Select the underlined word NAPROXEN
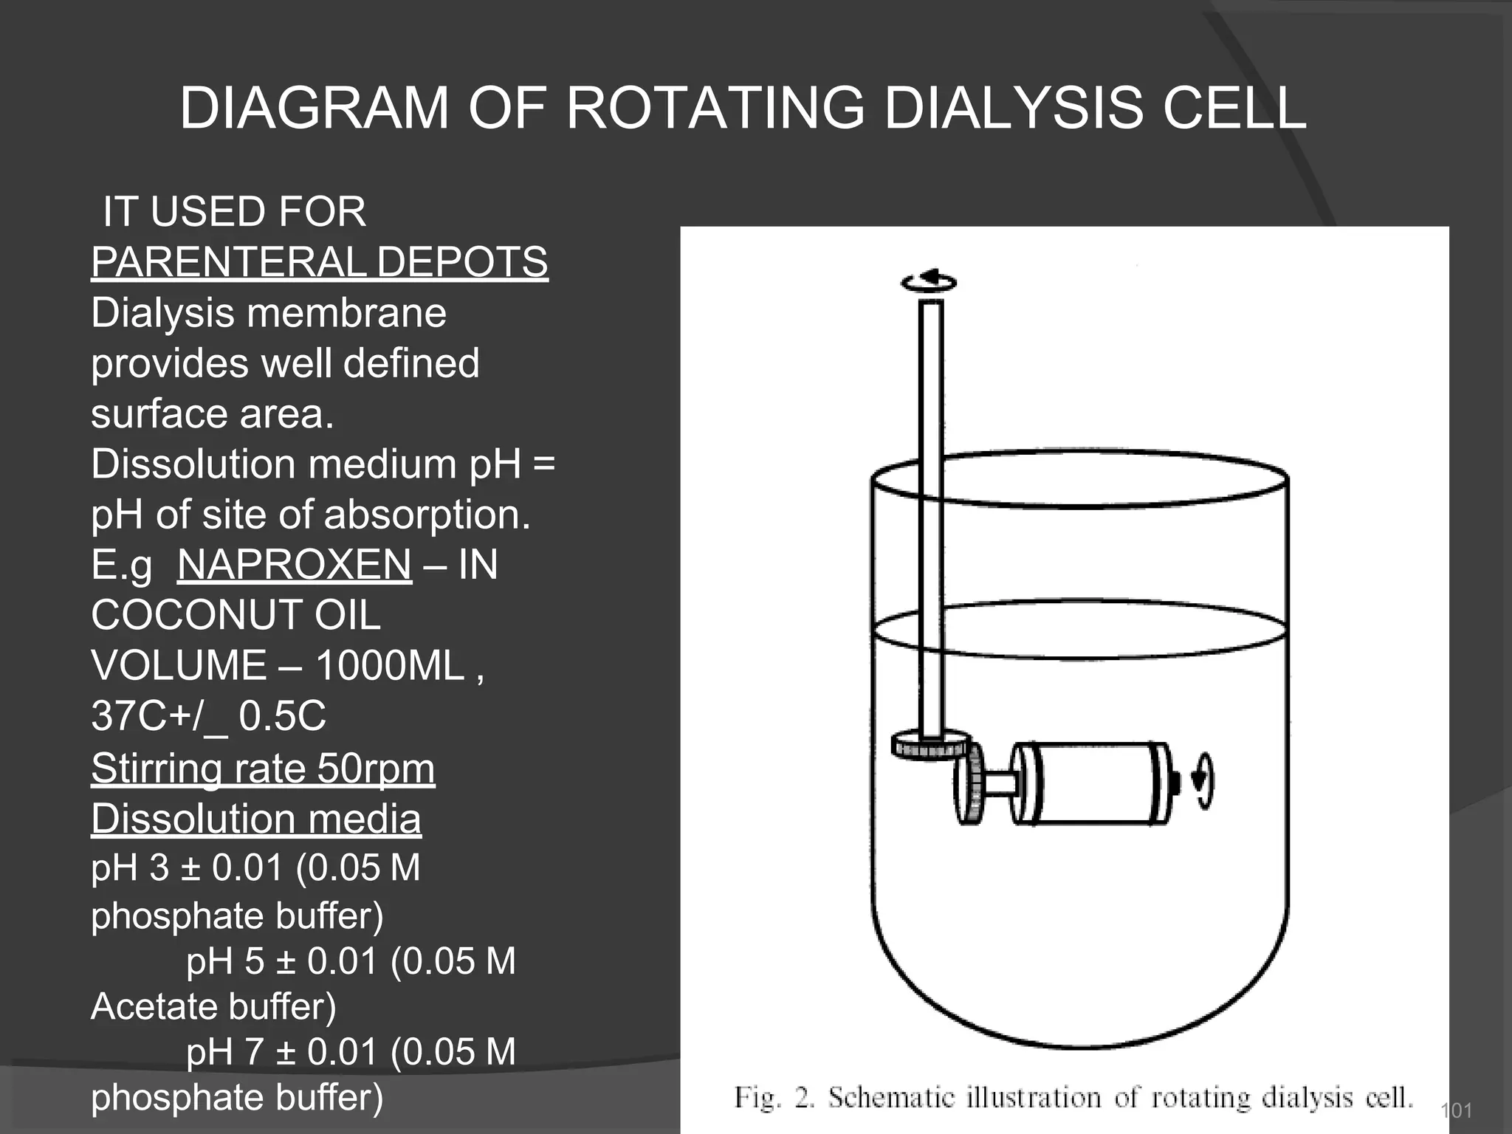pos(294,565)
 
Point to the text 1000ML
pos(390,665)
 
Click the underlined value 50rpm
pos(376,769)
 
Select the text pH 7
pos(225,1051)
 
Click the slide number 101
pos(1456,1110)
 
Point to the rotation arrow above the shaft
pos(929,281)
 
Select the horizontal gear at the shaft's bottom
pos(929,745)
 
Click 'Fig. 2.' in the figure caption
pos(774,1098)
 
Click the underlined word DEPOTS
pos(462,262)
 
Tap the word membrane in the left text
pos(346,312)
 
